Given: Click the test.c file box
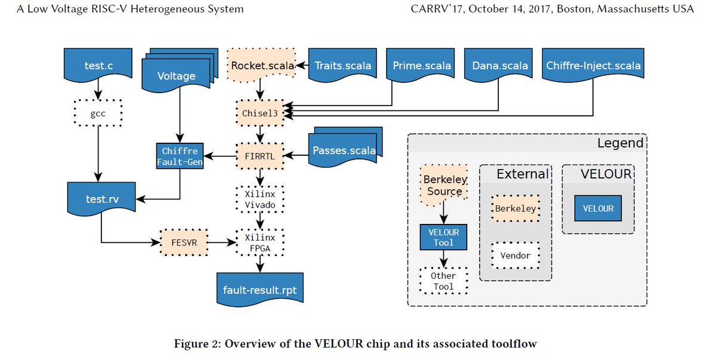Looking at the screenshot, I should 98,66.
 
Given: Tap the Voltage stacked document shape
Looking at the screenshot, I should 175,76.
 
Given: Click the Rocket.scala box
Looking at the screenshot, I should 263,66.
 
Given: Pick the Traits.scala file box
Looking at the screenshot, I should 342,66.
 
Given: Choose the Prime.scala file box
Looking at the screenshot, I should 422,66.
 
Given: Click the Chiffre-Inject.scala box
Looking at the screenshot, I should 593,66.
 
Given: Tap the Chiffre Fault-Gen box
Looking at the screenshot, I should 179,156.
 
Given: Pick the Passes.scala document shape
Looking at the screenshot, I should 345,150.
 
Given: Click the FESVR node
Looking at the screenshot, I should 183,243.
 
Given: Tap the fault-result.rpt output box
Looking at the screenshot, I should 260,290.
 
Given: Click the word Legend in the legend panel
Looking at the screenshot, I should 620,143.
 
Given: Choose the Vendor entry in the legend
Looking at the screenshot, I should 515,256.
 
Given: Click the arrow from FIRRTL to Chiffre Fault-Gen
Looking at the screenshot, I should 220,156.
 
